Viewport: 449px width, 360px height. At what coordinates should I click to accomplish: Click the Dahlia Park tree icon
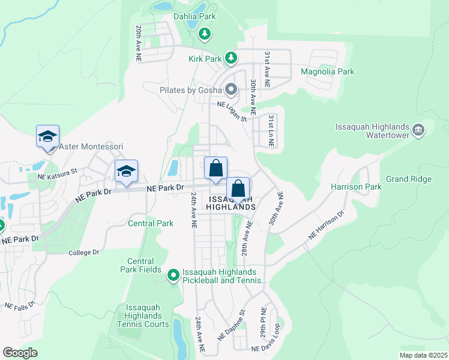pos(205,34)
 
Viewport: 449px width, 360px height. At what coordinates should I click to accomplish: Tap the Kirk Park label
pos(204,58)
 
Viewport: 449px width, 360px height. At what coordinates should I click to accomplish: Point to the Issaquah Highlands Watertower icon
pos(419,129)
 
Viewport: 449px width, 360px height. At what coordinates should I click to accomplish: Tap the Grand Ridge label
pos(409,179)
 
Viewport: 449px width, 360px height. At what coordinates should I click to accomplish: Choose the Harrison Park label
pos(356,187)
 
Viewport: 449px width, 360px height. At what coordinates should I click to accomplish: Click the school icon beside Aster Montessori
pos(47,136)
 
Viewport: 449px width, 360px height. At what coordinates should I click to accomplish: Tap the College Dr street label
pos(83,253)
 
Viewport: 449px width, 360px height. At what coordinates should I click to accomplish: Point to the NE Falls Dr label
pos(19,307)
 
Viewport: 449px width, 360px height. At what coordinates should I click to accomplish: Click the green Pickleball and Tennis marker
pos(173,276)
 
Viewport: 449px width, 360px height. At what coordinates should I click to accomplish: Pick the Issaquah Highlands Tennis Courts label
pos(143,316)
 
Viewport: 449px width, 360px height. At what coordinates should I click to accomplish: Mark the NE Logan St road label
pos(232,111)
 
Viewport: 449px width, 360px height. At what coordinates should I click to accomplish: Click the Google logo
pos(20,353)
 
